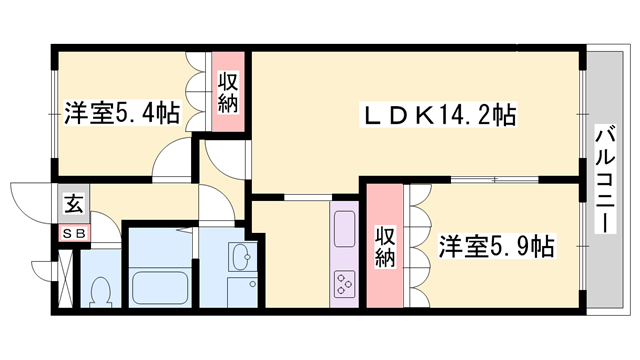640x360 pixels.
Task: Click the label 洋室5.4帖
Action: tap(123, 113)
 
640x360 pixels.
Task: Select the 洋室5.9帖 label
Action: tap(496, 244)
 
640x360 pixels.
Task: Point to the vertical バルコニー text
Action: tap(604, 180)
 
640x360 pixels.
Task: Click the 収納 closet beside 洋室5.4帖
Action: tap(228, 91)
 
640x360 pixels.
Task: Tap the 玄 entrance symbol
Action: tap(74, 206)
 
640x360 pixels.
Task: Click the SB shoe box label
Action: tap(74, 234)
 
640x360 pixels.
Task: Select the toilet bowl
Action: tap(100, 291)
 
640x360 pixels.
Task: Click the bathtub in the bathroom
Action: tap(161, 289)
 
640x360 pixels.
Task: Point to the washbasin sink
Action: tap(243, 259)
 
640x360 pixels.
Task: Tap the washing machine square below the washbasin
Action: tap(243, 294)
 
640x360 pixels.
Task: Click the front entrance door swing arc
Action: tap(25, 205)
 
